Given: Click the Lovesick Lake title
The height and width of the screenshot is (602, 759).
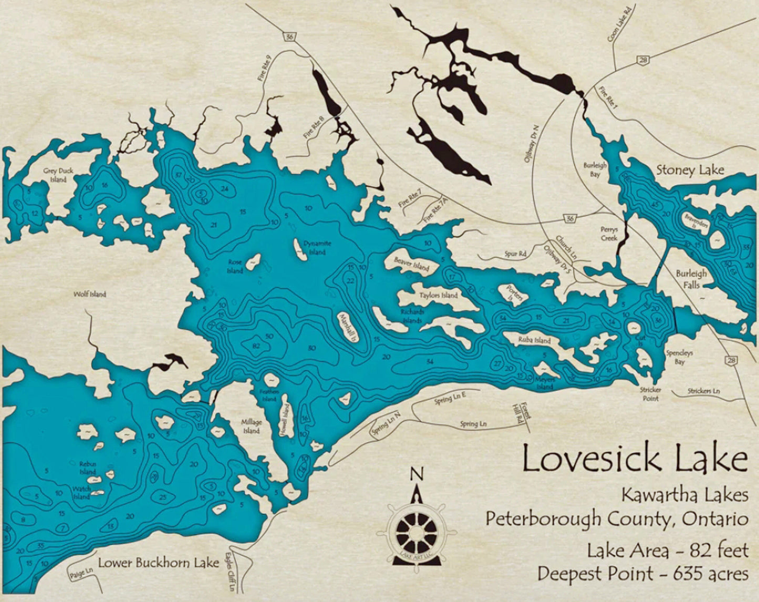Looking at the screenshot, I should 635,459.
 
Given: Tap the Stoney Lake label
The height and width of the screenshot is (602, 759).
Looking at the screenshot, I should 690,170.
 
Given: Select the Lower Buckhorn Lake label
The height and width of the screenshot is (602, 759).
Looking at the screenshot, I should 159,563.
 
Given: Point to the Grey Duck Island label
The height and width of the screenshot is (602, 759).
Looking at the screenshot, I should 58,175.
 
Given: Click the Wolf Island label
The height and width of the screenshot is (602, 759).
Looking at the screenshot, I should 90,294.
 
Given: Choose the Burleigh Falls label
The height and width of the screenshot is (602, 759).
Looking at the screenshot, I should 691,279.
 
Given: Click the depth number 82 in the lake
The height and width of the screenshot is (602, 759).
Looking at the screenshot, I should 256,346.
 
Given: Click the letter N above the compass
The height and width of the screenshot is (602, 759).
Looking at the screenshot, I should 417,473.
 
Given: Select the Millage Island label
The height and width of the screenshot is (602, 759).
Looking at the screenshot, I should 251,426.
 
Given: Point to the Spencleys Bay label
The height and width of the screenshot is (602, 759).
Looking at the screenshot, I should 679,357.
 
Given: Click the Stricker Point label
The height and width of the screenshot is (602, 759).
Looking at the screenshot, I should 650,394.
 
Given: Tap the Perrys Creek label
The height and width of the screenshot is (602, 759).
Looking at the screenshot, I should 609,234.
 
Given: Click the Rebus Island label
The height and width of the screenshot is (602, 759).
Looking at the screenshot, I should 88,468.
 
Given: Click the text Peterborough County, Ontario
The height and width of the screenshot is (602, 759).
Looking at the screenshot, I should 617,519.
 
